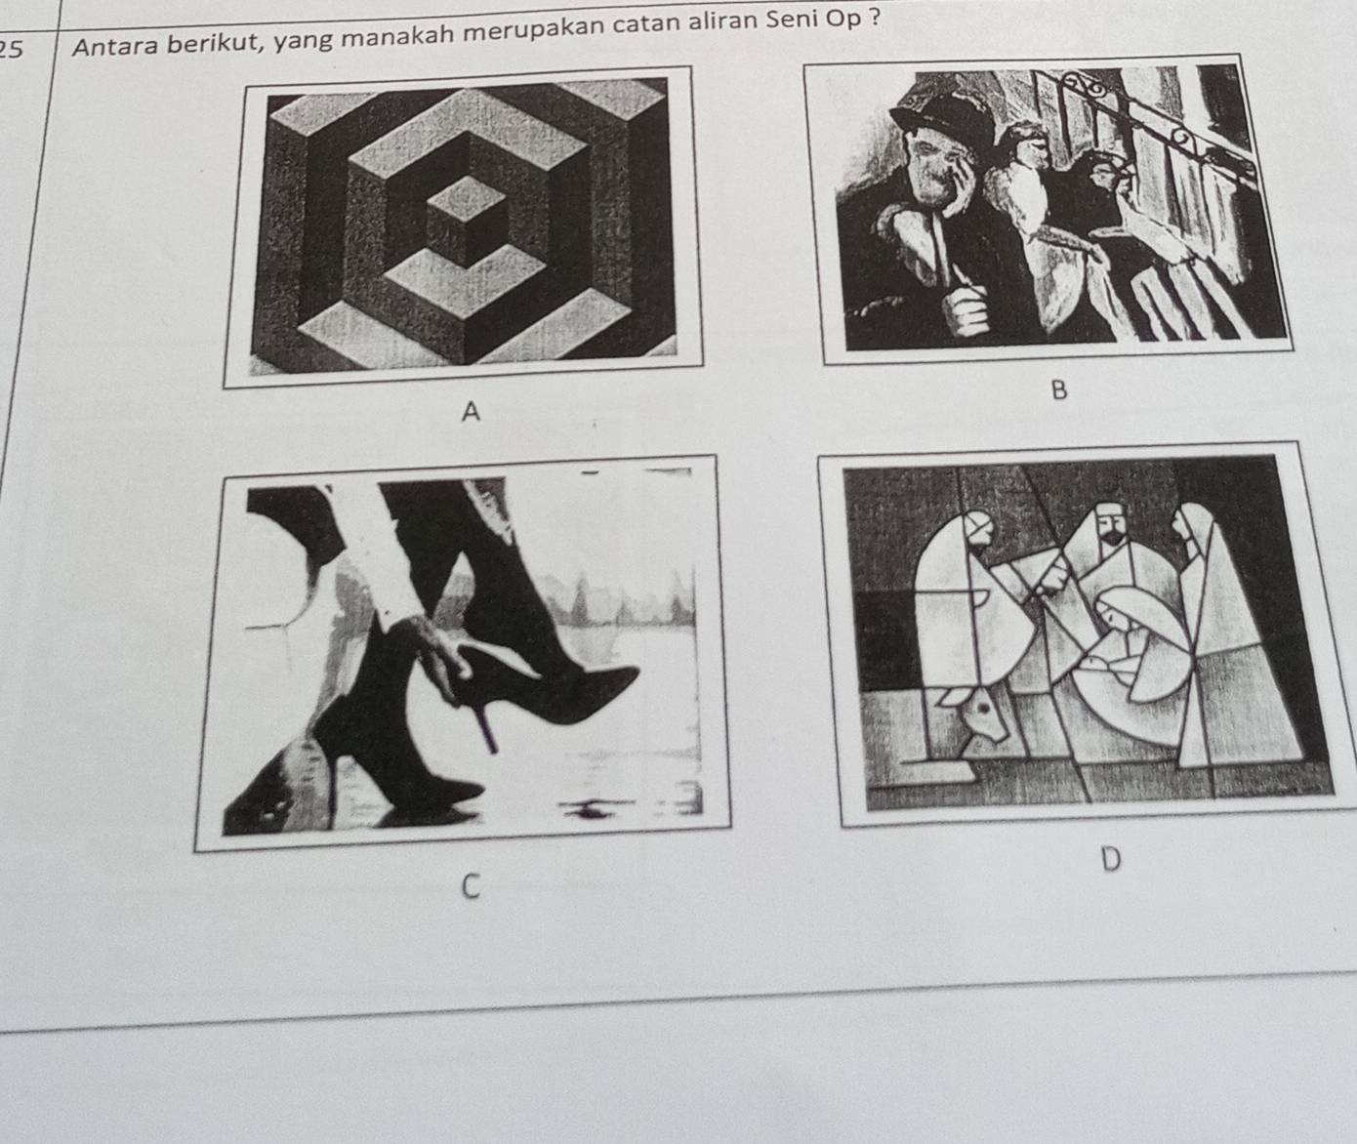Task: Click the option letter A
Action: tap(472, 412)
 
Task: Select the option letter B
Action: tap(1058, 390)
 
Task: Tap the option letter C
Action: tap(471, 886)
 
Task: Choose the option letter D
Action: tap(1111, 859)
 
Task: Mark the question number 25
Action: tap(11, 50)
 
